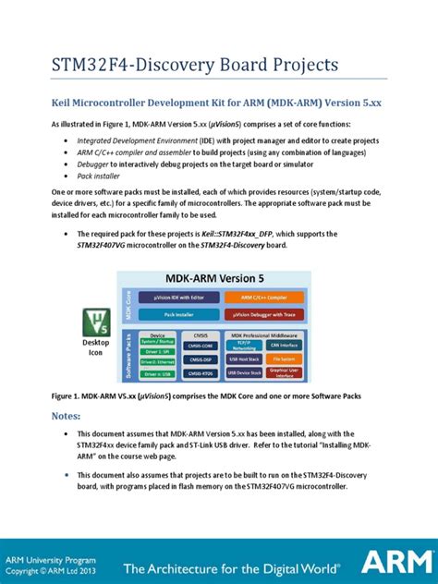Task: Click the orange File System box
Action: tap(284, 358)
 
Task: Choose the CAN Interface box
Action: tap(284, 344)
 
